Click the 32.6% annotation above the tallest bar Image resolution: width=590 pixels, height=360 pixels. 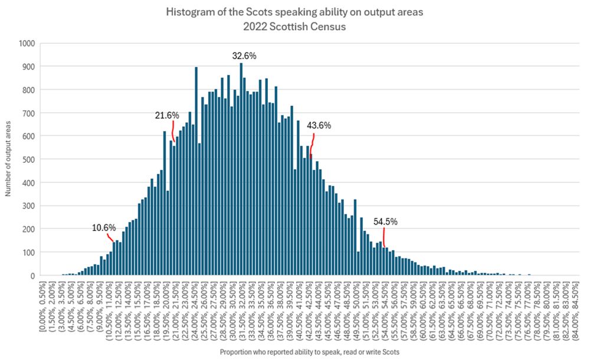tap(244, 56)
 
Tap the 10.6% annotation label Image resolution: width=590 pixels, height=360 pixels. tap(104, 228)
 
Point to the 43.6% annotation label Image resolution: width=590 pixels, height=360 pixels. tap(319, 125)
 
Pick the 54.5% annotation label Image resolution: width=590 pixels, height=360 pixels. tap(385, 222)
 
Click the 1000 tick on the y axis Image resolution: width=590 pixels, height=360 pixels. tap(28, 43)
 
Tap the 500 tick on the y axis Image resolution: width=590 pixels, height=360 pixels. tap(29, 159)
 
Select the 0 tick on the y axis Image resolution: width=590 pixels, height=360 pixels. tap(34, 276)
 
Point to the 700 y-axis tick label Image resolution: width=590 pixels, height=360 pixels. tap(29, 113)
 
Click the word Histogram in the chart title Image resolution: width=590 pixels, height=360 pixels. tap(189, 12)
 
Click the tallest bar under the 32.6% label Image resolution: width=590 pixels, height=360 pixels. tap(241, 177)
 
